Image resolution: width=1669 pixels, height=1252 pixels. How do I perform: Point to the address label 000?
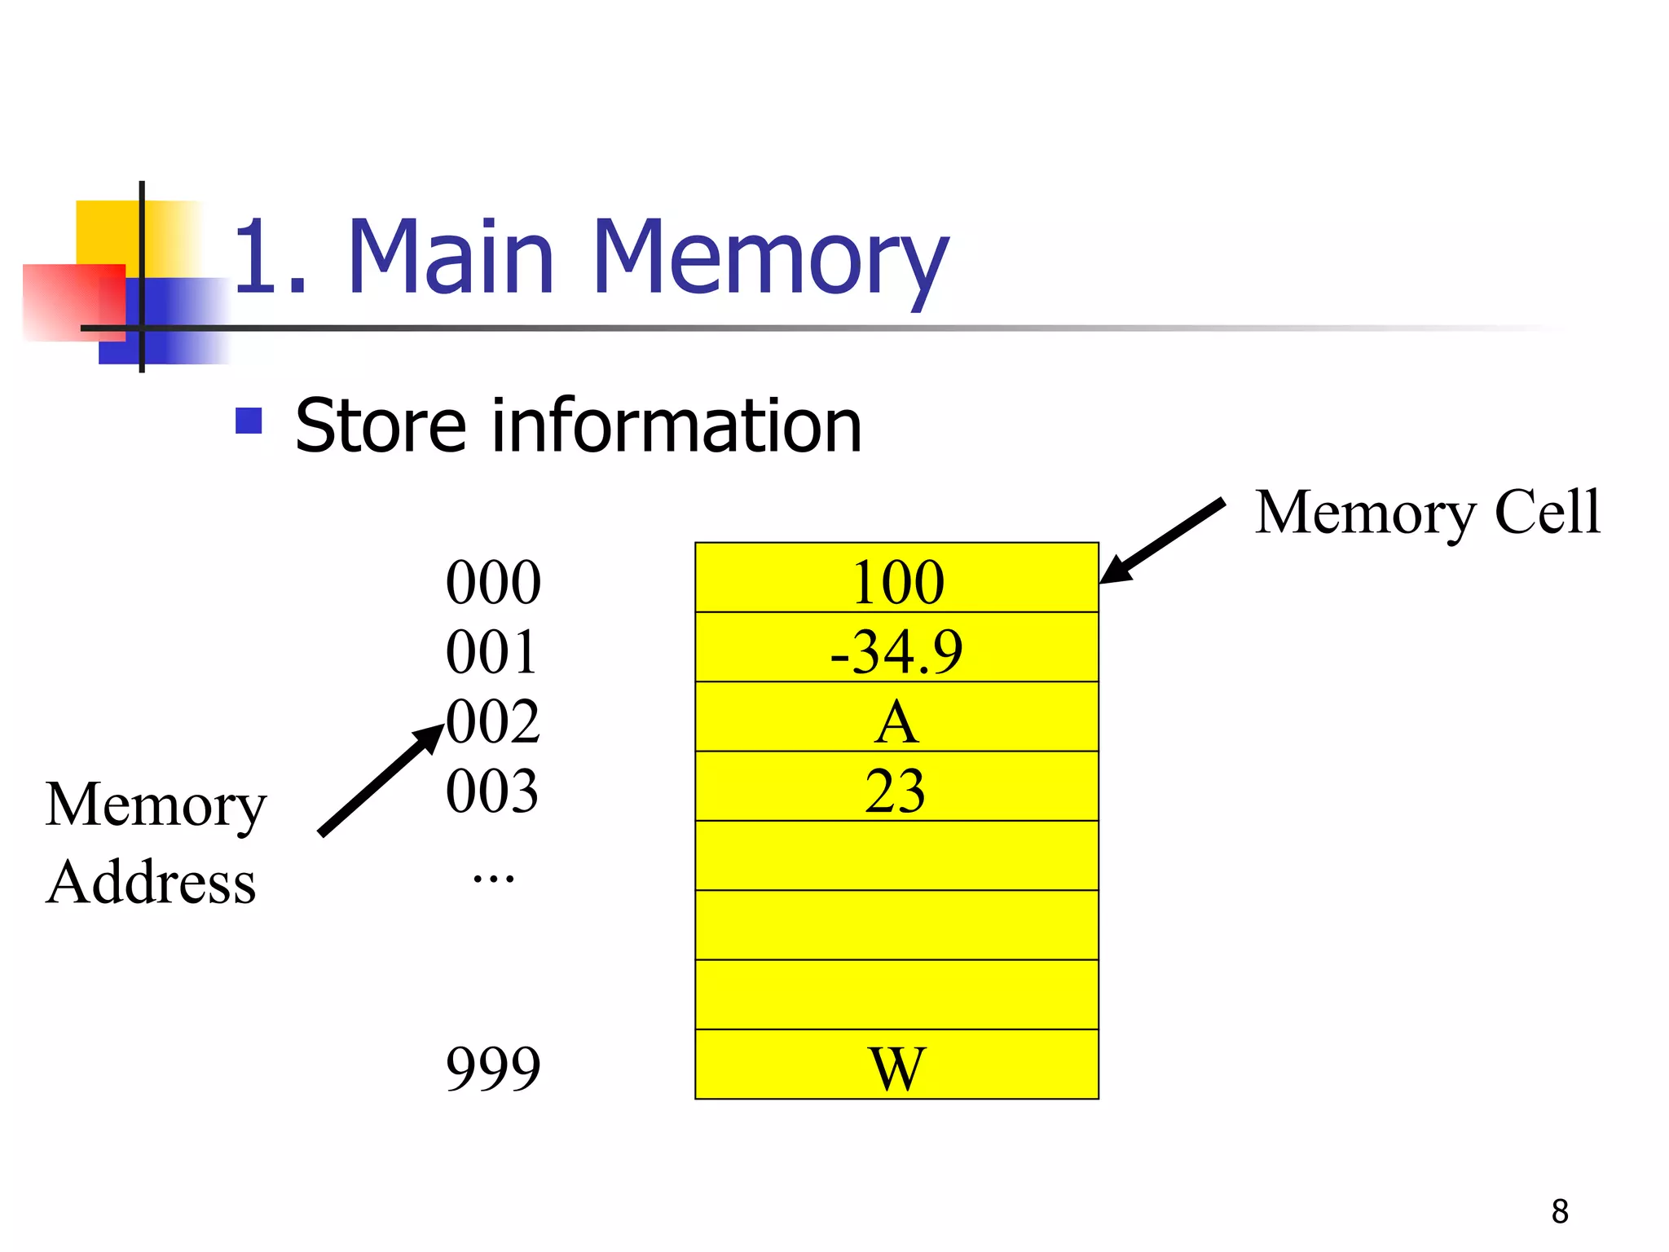pyautogui.click(x=493, y=582)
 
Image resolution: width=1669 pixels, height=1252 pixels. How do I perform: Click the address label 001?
pyautogui.click(x=491, y=651)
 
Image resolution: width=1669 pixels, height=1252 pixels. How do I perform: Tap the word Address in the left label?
pyautogui.click(x=152, y=882)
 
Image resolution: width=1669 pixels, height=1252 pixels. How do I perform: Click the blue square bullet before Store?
pyautogui.click(x=249, y=421)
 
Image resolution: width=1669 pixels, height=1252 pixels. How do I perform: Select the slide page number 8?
pyautogui.click(x=1560, y=1211)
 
